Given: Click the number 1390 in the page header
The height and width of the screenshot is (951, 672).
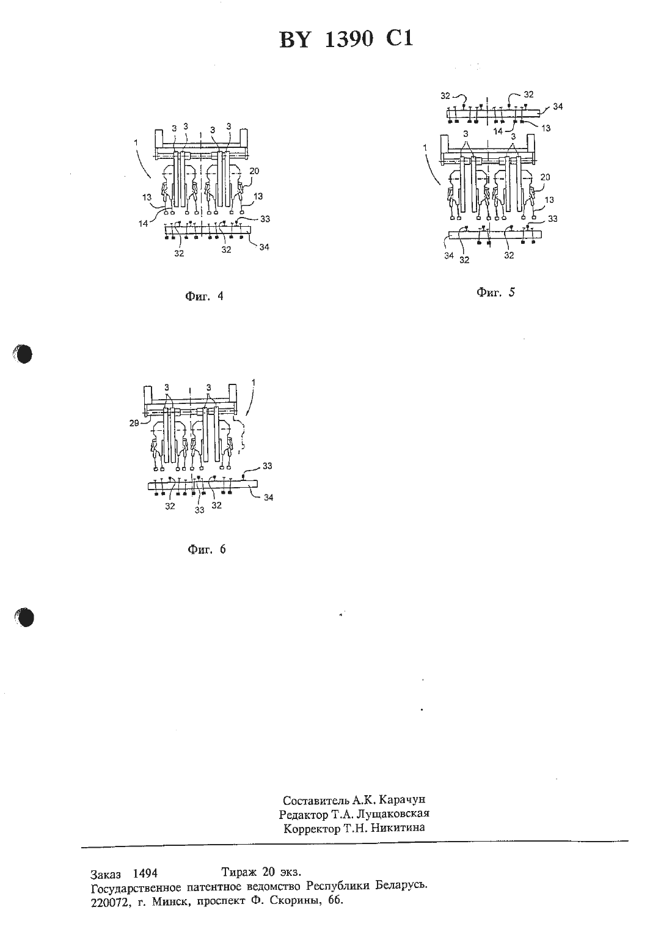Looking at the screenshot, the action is [x=349, y=40].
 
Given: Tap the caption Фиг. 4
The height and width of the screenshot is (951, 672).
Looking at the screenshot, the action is [x=204, y=296].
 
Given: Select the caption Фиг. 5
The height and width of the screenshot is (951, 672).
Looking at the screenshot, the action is [x=495, y=292].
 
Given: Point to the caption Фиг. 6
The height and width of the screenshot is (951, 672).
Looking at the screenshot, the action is [x=206, y=549].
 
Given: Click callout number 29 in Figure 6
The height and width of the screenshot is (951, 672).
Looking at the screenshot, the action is [x=134, y=423].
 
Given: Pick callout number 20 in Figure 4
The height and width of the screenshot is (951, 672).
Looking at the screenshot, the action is [x=255, y=171].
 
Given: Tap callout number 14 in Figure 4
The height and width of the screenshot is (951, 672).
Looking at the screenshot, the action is [x=144, y=223].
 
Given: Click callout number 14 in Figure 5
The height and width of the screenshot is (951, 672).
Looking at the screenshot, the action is [x=498, y=131].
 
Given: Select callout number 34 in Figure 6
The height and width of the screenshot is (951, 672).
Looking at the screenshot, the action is [x=269, y=497].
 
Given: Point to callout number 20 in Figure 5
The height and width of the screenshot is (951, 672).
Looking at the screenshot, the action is [x=545, y=177].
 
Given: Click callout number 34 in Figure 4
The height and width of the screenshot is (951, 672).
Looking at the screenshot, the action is [x=265, y=247].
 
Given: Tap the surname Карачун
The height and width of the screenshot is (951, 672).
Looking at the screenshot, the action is [x=402, y=800].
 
